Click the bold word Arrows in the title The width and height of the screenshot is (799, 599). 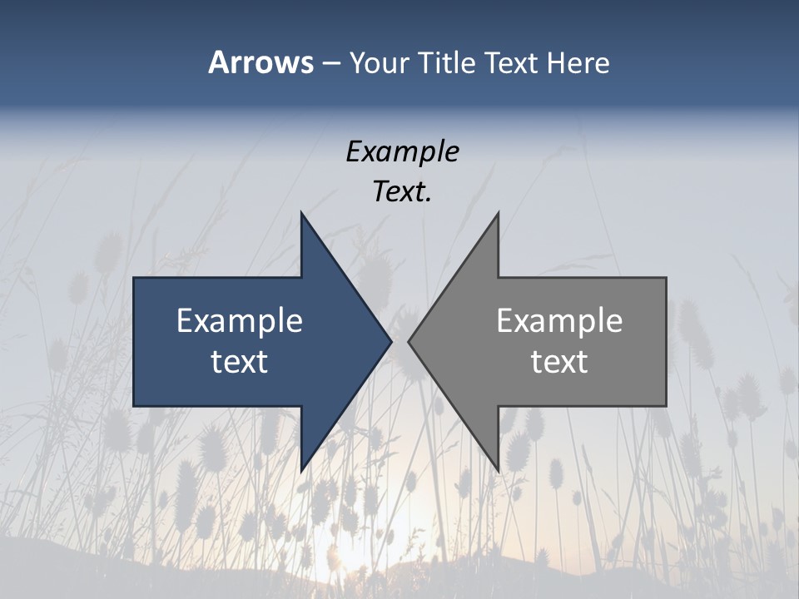coord(261,62)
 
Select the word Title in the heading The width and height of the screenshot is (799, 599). coord(449,62)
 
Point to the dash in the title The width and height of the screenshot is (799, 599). coord(330,63)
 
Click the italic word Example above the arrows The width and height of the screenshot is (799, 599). coord(402,151)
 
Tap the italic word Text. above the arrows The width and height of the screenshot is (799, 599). coord(402,192)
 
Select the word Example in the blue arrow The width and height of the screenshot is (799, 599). coord(240,320)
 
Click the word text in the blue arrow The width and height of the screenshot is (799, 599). coord(240,362)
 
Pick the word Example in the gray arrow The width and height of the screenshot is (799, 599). coord(559,320)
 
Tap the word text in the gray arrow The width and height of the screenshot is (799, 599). coord(559,362)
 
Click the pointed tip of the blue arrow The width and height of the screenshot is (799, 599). coord(390,341)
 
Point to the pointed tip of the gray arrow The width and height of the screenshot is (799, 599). coord(409,341)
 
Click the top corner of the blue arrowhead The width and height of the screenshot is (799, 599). coord(301,213)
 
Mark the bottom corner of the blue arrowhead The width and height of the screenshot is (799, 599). coord(301,471)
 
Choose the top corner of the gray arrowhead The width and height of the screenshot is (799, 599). coord(498,213)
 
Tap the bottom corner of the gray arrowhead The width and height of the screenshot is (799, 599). coord(498,471)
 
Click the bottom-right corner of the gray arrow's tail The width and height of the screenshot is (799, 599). coord(666,405)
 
